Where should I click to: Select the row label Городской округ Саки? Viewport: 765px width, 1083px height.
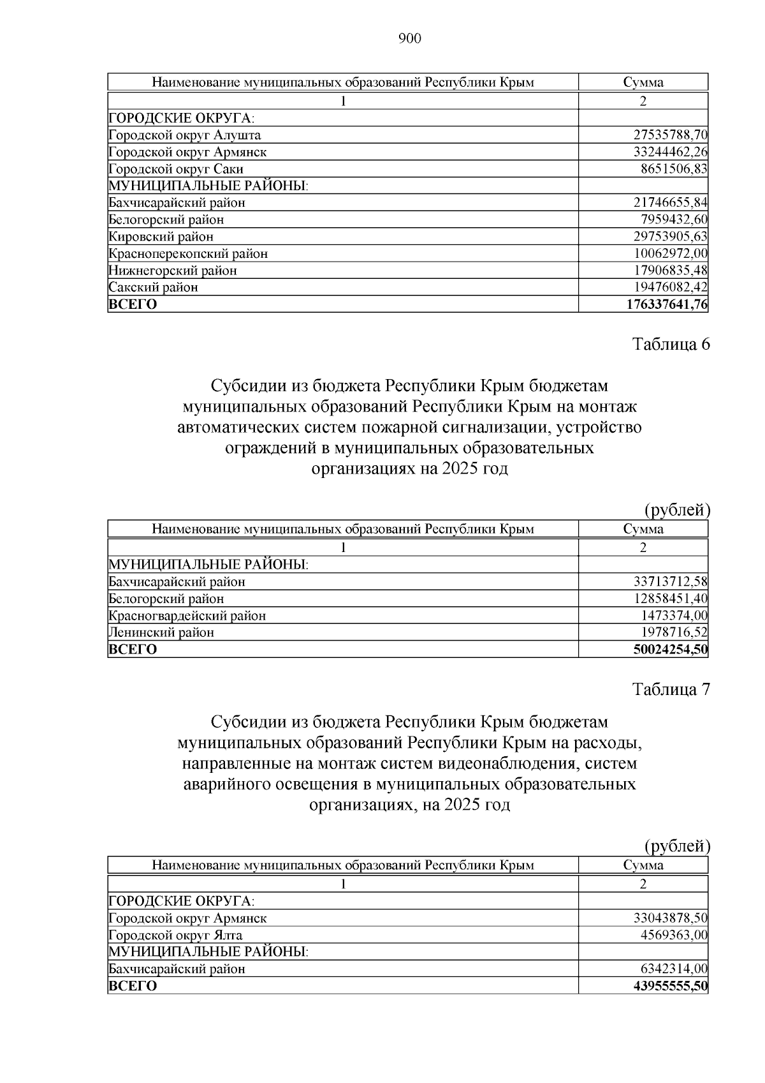[176, 169]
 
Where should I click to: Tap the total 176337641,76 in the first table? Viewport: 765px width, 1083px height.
[667, 304]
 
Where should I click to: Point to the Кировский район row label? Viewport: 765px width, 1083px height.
[161, 237]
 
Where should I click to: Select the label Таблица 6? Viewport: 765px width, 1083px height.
[671, 345]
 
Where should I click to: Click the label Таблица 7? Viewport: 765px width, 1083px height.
[671, 690]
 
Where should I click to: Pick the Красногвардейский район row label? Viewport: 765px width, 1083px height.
[187, 616]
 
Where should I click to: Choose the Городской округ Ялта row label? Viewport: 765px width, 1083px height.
[175, 936]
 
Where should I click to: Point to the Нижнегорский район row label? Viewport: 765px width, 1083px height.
[173, 271]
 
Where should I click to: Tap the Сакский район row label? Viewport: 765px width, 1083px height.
[153, 287]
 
